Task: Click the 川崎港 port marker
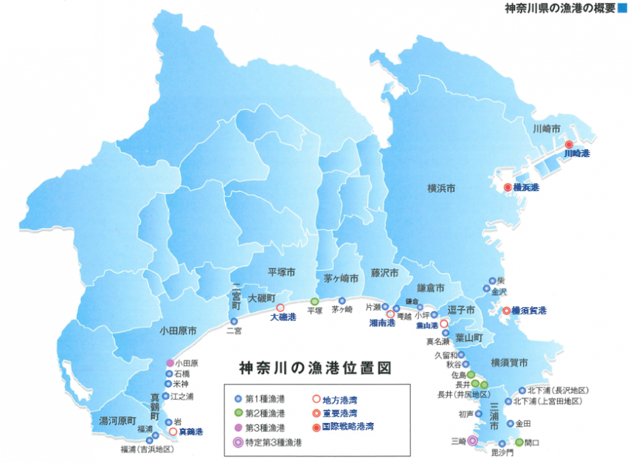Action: coord(569,145)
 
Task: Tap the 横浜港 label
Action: coord(526,187)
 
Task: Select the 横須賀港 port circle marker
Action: coord(507,311)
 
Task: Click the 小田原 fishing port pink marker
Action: coord(170,362)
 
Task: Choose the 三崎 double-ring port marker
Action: coord(473,441)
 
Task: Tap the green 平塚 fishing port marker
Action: coord(314,301)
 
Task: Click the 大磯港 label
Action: coord(283,317)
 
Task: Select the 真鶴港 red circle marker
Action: coord(173,431)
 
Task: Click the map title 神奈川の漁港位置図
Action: coord(314,367)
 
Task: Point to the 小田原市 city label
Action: coord(177,331)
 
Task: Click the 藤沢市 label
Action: coord(384,272)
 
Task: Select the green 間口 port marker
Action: coord(519,442)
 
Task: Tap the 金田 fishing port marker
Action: coord(511,424)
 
